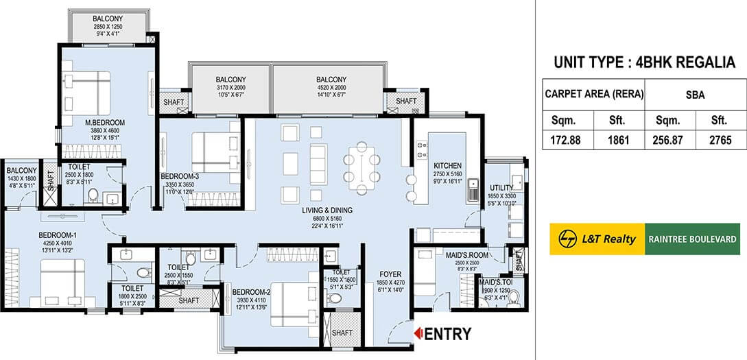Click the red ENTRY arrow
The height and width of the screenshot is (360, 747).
click(x=416, y=334)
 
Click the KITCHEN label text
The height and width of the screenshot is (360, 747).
click(x=447, y=166)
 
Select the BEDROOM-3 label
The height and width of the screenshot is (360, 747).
click(x=180, y=176)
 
